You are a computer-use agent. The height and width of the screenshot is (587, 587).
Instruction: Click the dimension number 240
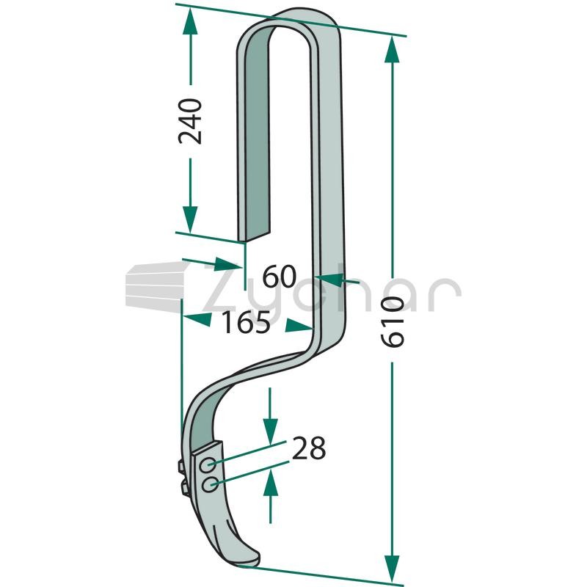coord(190,121)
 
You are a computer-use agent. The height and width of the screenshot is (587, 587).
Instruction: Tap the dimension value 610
coord(393,321)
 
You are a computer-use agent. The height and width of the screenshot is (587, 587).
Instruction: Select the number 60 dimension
coord(280,277)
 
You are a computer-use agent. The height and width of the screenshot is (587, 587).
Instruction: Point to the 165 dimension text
coord(246,322)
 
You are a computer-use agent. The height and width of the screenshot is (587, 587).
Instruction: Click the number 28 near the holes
coord(309,448)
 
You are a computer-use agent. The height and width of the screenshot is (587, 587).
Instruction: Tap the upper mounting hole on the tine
coord(208,465)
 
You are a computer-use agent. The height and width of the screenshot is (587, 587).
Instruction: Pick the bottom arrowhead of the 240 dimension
coord(190,219)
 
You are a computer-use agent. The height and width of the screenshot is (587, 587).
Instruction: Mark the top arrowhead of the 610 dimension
coord(393,49)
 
